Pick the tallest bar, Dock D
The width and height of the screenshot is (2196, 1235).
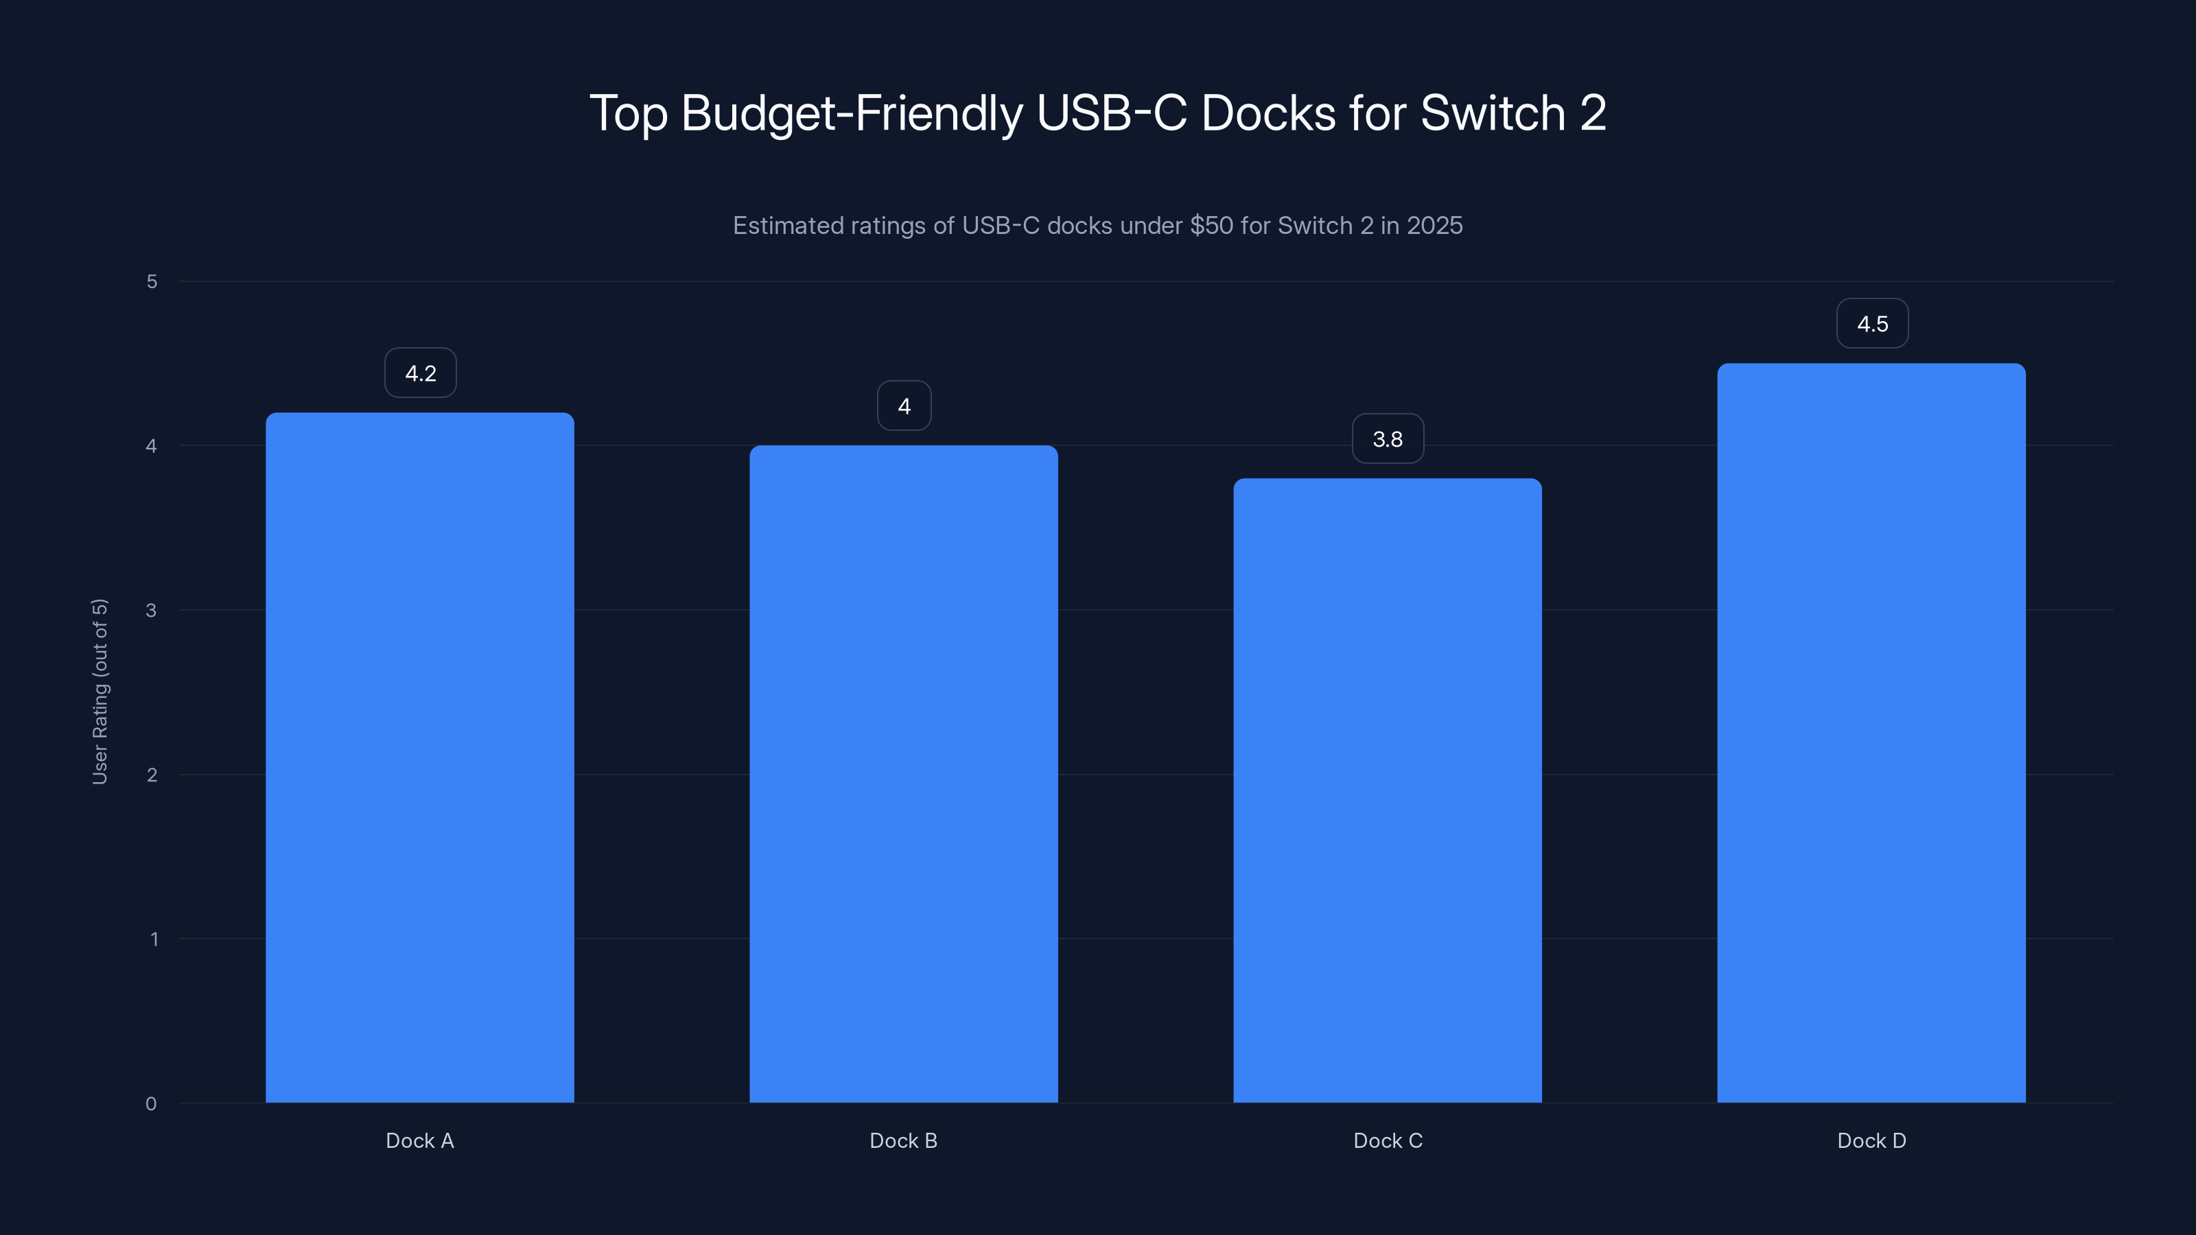coord(1871,733)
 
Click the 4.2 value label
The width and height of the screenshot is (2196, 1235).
coord(420,373)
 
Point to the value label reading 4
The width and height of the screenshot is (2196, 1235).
coord(904,407)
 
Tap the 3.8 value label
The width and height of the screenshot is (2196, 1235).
coord(1387,439)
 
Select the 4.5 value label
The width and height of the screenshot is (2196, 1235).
coord(1872,324)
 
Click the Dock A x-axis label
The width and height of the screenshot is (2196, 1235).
coord(419,1140)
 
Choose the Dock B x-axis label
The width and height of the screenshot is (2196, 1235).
coord(904,1140)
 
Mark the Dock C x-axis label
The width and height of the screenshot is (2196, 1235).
coord(1387,1140)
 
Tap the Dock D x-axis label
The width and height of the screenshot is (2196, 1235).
coord(1871,1140)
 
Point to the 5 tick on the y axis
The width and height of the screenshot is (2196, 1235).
coord(152,281)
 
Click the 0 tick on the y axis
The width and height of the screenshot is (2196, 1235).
coord(151,1104)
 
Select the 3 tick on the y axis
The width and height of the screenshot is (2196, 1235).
coord(151,610)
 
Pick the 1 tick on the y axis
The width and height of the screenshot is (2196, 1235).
coord(154,939)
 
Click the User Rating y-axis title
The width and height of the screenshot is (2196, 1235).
coord(100,691)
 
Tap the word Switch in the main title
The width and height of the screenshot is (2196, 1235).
coord(1493,113)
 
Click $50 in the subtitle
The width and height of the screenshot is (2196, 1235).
coord(1211,226)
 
